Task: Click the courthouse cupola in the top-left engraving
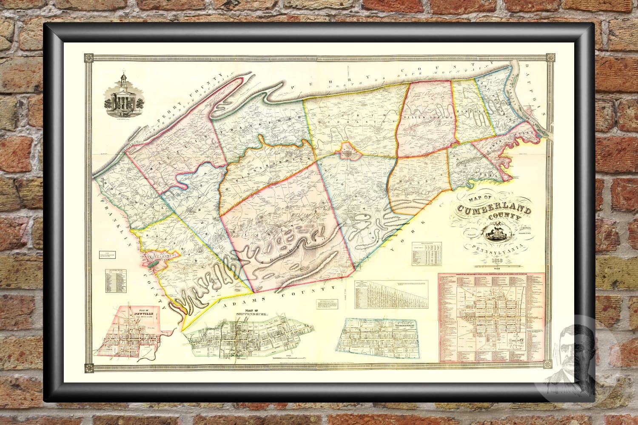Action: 123,80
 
